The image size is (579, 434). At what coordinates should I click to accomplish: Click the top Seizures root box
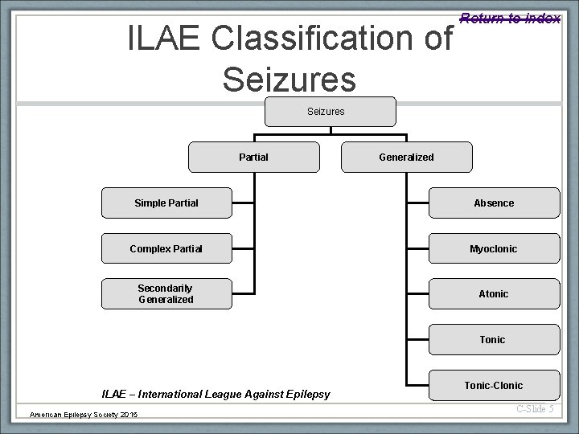(331, 112)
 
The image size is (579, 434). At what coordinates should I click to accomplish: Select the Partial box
(254, 158)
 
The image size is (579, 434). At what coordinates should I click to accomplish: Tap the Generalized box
(407, 158)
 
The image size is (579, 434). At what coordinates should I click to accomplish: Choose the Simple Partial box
(166, 203)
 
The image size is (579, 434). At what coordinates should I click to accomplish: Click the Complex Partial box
(166, 249)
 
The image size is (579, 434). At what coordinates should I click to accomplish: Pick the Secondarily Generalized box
(166, 294)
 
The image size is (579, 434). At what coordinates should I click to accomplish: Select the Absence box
(494, 203)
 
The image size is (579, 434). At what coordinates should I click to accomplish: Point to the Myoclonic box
(494, 249)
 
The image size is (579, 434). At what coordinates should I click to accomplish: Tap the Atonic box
(494, 294)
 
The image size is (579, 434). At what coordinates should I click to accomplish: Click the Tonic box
(493, 340)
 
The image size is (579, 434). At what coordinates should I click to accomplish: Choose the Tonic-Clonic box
(493, 385)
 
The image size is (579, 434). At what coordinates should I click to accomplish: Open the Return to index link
(510, 18)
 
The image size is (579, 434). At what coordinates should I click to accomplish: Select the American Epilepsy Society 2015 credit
(84, 414)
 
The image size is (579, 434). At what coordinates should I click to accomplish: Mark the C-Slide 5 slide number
(534, 409)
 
